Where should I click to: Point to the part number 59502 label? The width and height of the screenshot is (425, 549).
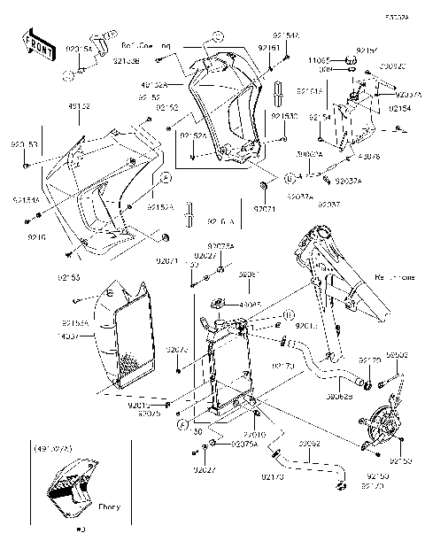(x=396, y=354)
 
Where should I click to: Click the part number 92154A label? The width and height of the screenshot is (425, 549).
(x=290, y=36)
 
